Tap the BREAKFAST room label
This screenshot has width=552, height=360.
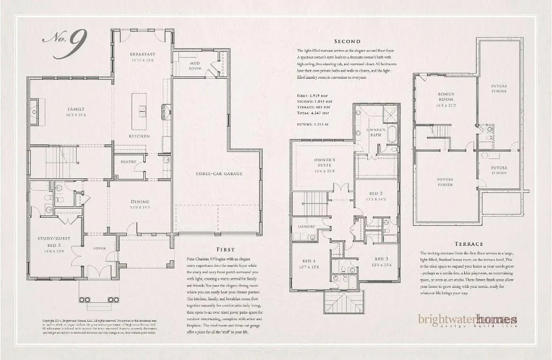[x=142, y=54]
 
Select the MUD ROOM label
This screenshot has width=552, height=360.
[x=195, y=66]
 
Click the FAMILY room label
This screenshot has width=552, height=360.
[x=76, y=109]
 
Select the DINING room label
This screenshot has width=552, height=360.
[x=140, y=202]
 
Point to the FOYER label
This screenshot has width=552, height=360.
[x=99, y=248]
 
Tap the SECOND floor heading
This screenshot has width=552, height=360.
[x=348, y=41]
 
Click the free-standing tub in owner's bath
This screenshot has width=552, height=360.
[x=392, y=132]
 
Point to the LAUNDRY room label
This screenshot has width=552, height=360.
[x=306, y=227]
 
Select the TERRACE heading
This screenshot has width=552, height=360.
[x=468, y=243]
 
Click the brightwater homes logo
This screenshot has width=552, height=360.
[x=467, y=320]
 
